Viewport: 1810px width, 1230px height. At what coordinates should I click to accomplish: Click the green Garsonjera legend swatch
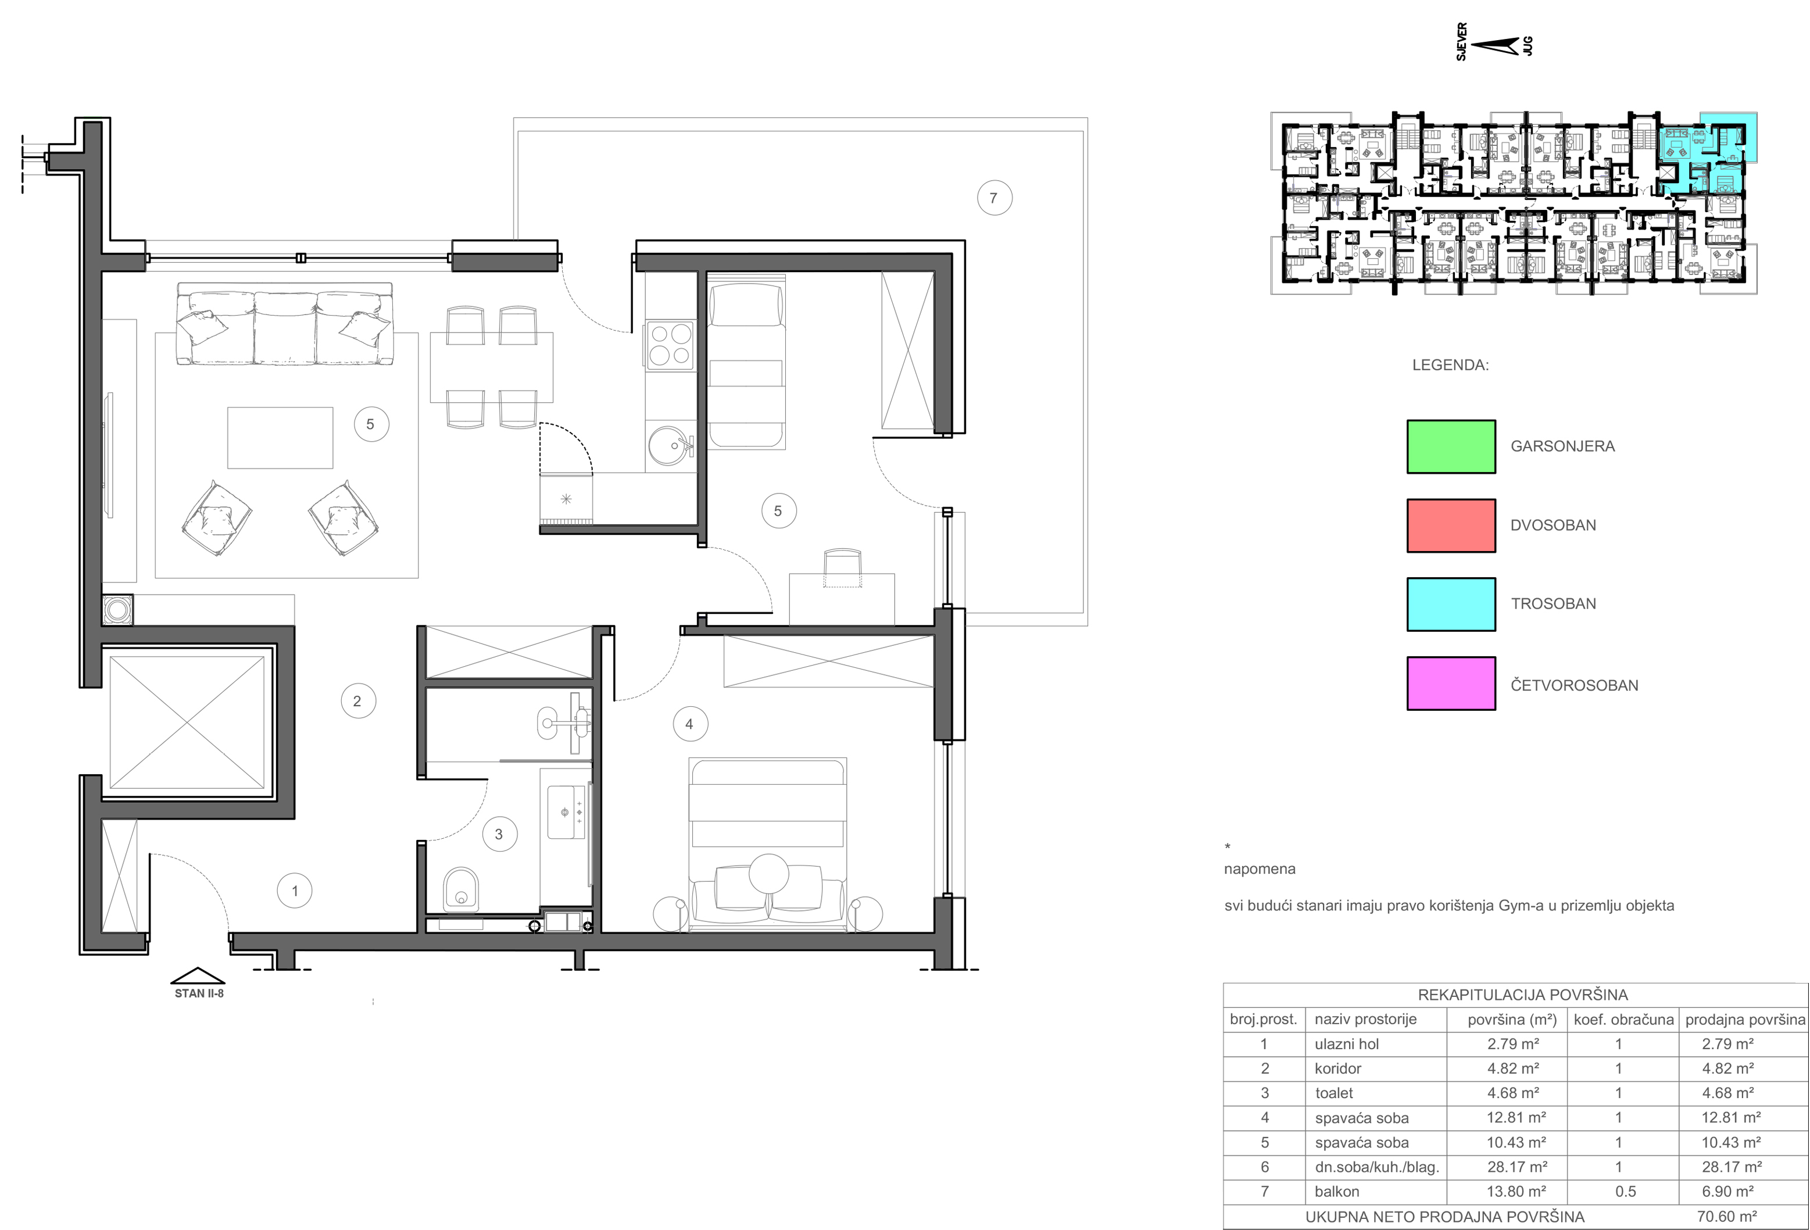1451,446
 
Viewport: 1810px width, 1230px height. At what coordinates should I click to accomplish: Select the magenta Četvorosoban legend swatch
1451,683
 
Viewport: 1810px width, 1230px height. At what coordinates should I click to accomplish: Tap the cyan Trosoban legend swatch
1451,604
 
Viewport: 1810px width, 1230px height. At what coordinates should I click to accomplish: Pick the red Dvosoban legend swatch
1451,525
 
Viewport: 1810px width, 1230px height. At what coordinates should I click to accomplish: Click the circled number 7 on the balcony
995,198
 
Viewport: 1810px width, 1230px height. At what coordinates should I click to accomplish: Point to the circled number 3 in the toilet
499,834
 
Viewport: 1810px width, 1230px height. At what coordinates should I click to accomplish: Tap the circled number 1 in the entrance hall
294,891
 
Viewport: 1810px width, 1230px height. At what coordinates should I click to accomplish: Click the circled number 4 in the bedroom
689,724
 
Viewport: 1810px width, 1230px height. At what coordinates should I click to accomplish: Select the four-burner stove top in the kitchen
670,345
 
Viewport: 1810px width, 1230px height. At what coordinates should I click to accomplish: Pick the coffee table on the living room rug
280,437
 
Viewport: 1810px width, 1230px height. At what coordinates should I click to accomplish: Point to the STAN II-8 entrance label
199,993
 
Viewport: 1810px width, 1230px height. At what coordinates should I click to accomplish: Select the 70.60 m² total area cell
1727,1216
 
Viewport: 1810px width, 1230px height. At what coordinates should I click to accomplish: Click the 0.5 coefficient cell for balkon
1625,1192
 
